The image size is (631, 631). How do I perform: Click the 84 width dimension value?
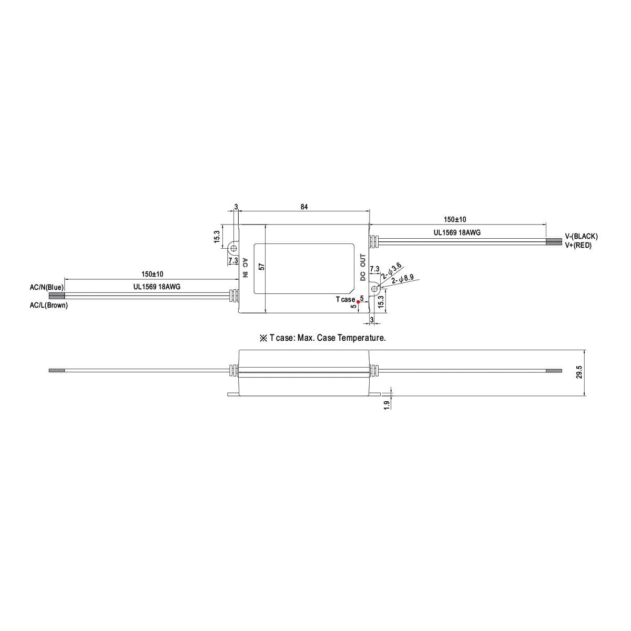(304, 207)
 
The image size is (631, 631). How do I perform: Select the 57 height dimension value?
(261, 267)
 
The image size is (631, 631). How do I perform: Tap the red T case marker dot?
(359, 301)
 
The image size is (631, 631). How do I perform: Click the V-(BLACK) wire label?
(581, 237)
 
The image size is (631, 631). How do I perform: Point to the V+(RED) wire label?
(578, 245)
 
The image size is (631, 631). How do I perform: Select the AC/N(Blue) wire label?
(47, 288)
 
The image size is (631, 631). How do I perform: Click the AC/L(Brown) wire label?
(49, 305)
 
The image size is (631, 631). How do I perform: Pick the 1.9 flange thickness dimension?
(386, 405)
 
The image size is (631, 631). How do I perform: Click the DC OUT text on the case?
(363, 267)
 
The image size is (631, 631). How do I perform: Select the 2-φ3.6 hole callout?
(392, 270)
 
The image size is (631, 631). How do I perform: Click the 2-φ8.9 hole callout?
(403, 279)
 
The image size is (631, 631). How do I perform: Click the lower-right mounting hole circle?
(374, 288)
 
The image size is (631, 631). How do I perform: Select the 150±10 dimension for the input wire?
(152, 274)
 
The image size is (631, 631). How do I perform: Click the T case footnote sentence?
(323, 338)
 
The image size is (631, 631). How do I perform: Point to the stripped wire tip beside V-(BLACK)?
(554, 242)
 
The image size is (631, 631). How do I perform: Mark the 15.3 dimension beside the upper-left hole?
(217, 237)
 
